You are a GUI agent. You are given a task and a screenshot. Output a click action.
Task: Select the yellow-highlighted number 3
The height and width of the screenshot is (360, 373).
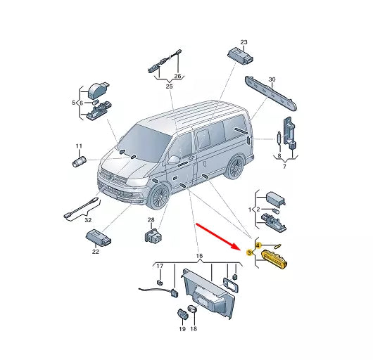click(249, 252)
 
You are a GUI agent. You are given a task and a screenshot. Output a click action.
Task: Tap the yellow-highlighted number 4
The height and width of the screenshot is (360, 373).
click(258, 245)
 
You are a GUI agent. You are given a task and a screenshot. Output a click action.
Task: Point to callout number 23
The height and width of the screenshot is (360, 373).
click(244, 42)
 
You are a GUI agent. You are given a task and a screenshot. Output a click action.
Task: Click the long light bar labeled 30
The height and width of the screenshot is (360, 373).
click(271, 94)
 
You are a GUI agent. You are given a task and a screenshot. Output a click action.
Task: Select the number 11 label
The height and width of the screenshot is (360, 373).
click(79, 146)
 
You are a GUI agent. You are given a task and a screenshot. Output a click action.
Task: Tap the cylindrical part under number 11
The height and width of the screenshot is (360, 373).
click(80, 161)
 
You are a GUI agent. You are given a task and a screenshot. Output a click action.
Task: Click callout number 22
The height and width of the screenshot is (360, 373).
click(96, 252)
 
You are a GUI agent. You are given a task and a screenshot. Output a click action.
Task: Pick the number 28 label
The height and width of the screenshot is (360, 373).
click(151, 220)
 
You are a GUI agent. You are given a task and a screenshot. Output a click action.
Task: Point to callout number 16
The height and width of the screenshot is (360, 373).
click(199, 256)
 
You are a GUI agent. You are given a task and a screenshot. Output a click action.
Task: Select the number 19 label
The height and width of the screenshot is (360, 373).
click(182, 329)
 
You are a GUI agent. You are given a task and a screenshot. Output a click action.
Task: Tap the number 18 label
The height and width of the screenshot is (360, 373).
click(194, 328)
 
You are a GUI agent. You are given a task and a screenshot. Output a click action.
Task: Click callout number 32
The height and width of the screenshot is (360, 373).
click(88, 220)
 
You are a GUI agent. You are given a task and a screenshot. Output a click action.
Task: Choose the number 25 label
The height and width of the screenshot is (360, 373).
click(169, 86)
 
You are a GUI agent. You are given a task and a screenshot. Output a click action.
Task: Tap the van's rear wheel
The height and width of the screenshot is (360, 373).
click(235, 167)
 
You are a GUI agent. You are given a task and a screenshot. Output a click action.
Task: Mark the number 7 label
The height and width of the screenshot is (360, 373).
click(284, 167)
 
